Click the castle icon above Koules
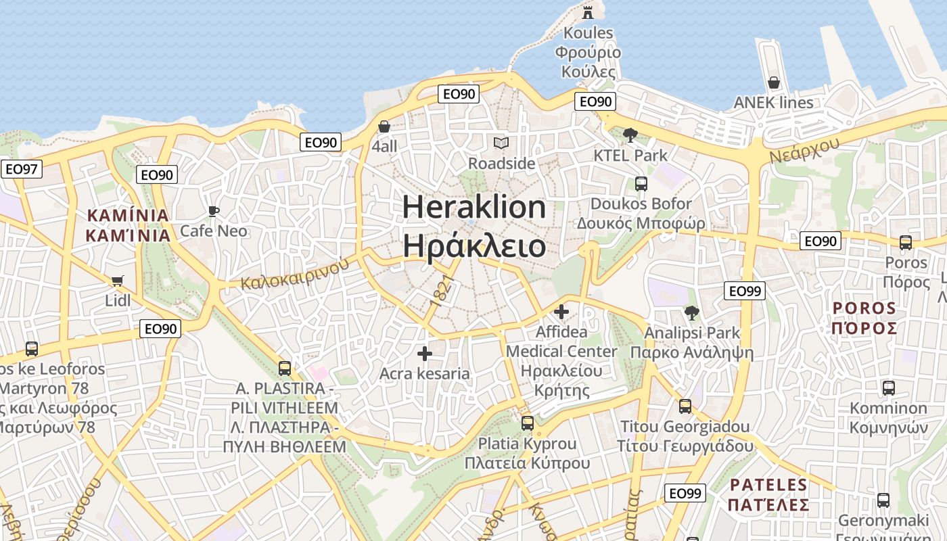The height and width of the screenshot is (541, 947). coord(587,11)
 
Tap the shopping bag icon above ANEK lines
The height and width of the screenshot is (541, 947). coord(774,83)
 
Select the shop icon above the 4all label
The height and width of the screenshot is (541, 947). coord(384,126)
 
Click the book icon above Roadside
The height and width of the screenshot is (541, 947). coord(501,143)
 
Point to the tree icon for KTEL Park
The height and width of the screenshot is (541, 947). coord(630,135)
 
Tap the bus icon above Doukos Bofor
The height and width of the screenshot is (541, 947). coord(641,183)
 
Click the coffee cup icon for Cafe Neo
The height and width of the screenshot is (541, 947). coord(214,211)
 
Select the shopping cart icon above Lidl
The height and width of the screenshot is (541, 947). coord(118,280)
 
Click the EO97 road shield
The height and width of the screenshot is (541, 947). coord(21,168)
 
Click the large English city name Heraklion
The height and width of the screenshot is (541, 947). coord(474,206)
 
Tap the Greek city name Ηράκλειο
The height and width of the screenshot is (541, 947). coord(474,245)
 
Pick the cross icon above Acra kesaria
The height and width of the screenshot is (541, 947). coord(425,354)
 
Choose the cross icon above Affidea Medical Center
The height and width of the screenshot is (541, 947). coord(561,312)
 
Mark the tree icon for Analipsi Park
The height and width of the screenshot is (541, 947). coord(691,312)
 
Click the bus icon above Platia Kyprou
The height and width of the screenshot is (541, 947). coord(528,424)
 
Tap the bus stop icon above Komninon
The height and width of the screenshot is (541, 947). coord(888,388)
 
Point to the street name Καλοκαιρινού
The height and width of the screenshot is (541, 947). coord(294,272)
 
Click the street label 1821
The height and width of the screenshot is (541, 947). coord(440,291)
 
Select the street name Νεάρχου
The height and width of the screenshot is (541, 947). coord(804,149)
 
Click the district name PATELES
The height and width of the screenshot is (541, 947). coord(768,485)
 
